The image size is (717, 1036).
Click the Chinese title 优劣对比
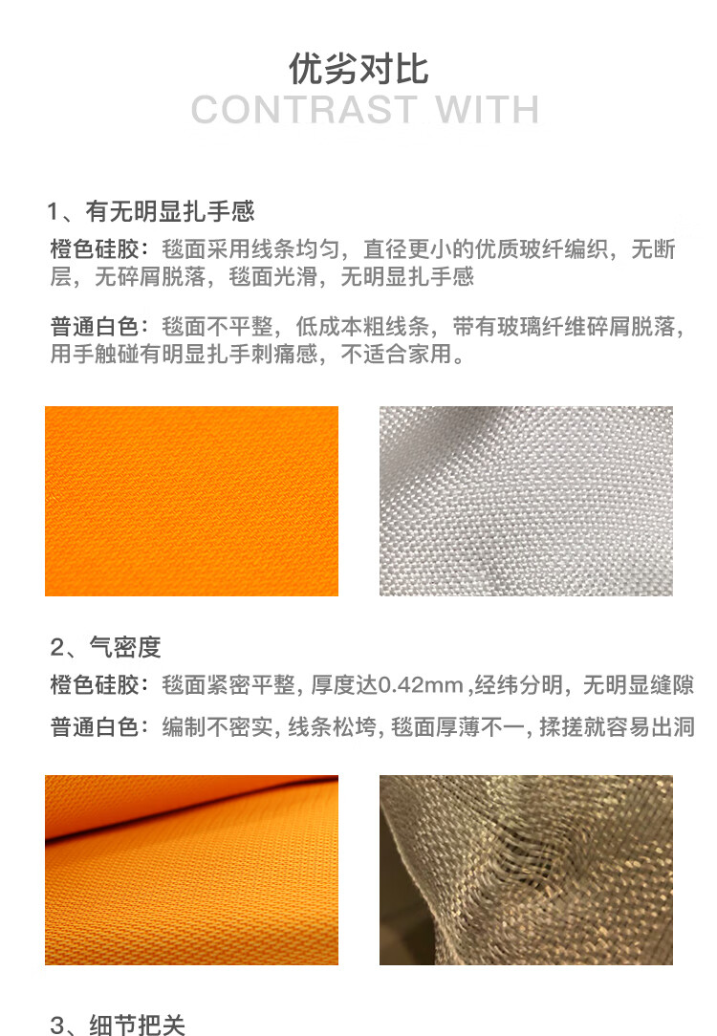[x=358, y=69]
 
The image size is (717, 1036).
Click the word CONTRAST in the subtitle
[x=304, y=110]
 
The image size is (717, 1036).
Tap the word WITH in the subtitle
[x=487, y=110]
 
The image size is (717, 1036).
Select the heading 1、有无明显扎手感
[x=151, y=211]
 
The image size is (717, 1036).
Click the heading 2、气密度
[x=105, y=648]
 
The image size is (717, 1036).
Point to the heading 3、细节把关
[x=117, y=1025]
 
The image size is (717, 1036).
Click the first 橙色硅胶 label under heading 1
[x=95, y=249]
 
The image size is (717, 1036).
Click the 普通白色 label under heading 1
[x=95, y=327]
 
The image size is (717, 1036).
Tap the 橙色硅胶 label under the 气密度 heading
[x=95, y=684]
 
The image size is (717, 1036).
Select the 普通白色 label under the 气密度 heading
[x=95, y=726]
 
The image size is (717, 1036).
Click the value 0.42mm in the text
[x=421, y=685]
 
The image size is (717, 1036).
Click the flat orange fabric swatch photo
[x=191, y=501]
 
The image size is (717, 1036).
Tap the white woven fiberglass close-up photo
[x=526, y=501]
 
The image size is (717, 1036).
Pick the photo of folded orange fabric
[x=191, y=870]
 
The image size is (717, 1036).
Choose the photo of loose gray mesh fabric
[x=526, y=870]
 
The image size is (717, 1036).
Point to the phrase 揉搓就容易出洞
[x=617, y=726]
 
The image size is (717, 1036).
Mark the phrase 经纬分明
[x=518, y=684]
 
